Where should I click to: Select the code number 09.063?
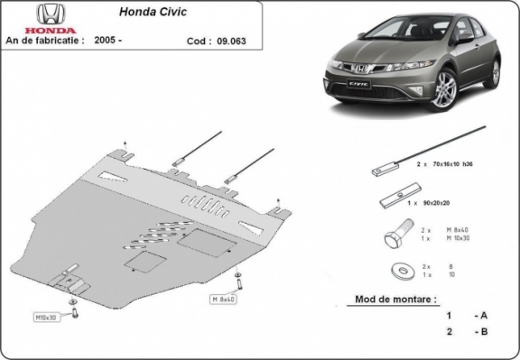[x=226, y=41]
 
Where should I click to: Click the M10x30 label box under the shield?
[x=47, y=318]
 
